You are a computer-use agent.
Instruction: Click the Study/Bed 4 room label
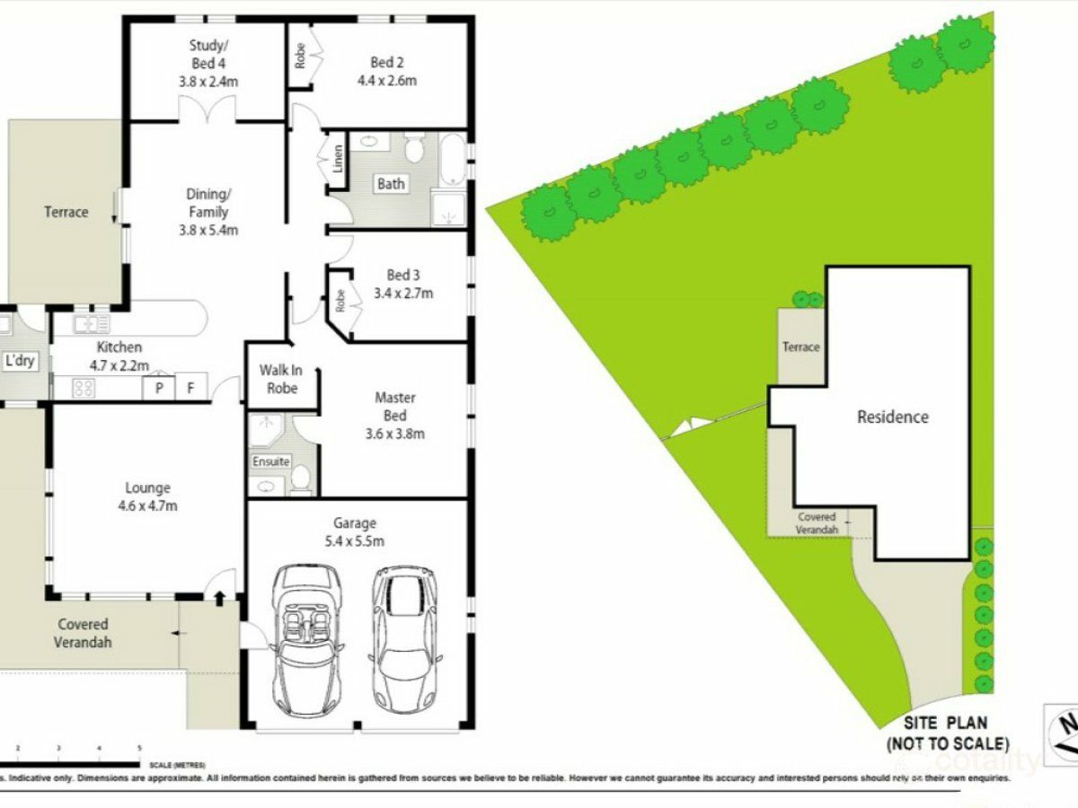click(x=203, y=55)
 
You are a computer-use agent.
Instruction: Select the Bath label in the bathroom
click(x=391, y=184)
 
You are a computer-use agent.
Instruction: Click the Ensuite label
click(x=270, y=461)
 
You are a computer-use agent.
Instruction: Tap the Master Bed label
click(x=394, y=407)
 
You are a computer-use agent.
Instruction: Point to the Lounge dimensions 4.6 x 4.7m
click(x=148, y=505)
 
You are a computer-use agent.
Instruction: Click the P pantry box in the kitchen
click(x=159, y=388)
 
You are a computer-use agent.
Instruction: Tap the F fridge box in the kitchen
click(x=190, y=388)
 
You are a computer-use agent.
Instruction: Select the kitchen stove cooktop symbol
click(x=84, y=388)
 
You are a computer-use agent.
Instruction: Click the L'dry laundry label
click(x=19, y=361)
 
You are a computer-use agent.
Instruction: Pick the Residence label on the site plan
click(x=892, y=417)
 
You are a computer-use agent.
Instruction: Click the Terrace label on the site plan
click(x=800, y=347)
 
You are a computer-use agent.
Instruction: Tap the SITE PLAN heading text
click(x=946, y=722)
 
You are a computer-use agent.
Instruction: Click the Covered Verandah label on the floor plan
click(x=84, y=633)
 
